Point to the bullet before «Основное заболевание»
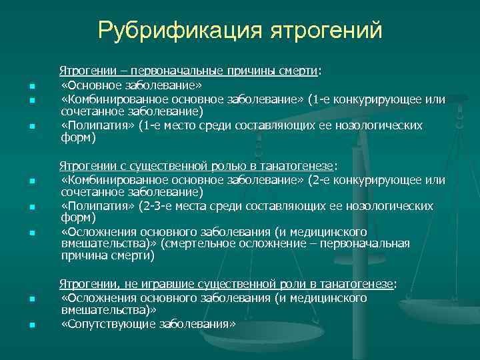(31, 86)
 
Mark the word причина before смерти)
(86, 257)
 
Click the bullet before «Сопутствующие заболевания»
(31, 325)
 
